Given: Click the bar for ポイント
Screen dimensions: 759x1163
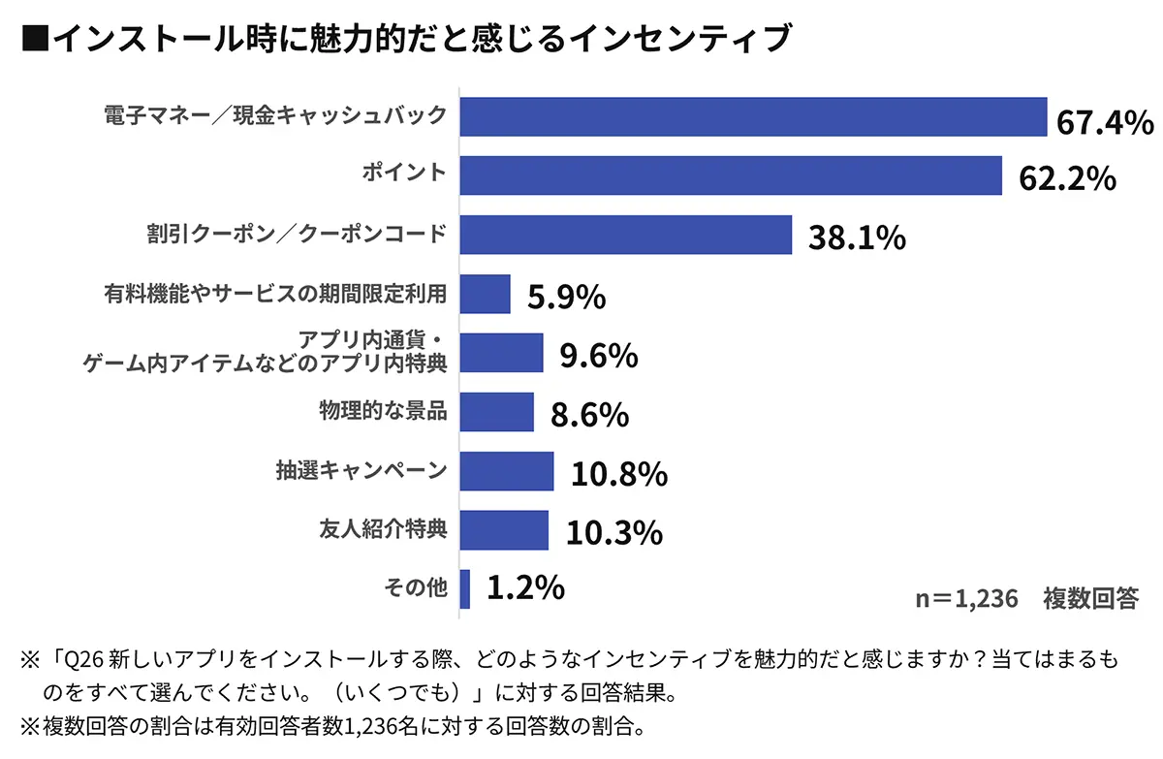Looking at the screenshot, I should click(x=731, y=175).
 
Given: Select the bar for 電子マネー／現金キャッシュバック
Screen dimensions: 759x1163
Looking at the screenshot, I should click(x=753, y=116).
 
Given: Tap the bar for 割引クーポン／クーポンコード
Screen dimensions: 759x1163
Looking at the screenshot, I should click(x=626, y=235).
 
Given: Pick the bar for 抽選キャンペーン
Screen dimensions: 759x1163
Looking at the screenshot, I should click(x=507, y=471).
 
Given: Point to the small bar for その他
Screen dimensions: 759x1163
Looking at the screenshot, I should click(x=465, y=588).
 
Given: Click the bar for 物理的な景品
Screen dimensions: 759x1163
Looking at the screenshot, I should click(x=497, y=412).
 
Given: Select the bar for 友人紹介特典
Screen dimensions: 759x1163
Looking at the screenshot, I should click(x=504, y=530).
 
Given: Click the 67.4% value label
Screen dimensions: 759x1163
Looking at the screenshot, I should click(x=1105, y=122).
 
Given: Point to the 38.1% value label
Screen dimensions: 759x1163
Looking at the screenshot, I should click(x=857, y=238).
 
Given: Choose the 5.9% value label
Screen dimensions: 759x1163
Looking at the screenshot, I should click(x=567, y=298).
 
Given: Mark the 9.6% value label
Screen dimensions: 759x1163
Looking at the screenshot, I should click(x=599, y=357).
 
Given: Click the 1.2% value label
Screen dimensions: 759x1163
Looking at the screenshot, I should click(x=525, y=587).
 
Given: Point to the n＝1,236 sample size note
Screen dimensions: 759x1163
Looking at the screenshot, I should click(x=967, y=598).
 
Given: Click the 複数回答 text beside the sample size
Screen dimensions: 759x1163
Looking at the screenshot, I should click(x=1090, y=598).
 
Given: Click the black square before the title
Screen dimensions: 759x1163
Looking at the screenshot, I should click(x=35, y=40).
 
